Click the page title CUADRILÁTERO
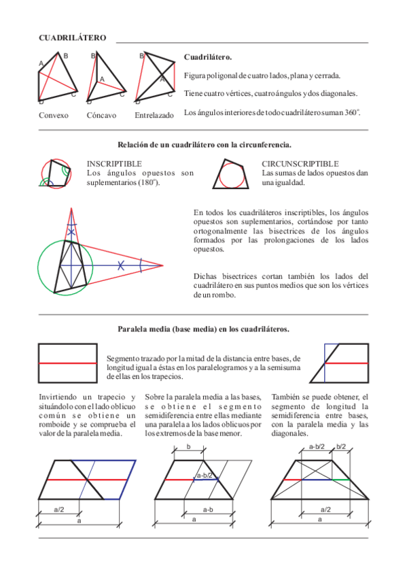pos(73,38)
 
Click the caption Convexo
pos(54,115)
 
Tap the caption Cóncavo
pos(101,115)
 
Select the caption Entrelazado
pos(154,115)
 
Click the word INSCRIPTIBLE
pos(114,164)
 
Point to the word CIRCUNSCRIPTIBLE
pos(300,164)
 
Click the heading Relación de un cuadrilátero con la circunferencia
pos(205,145)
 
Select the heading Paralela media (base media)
pos(204,329)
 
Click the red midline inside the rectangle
pos(68,363)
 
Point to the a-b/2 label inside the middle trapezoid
pos(205,475)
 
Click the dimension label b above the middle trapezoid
pos(189,447)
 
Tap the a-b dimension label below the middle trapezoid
pos(209,510)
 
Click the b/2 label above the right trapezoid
pos(341,447)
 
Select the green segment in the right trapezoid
pos(341,480)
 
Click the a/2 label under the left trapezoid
pos(59,510)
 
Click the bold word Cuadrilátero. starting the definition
pos(208,57)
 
